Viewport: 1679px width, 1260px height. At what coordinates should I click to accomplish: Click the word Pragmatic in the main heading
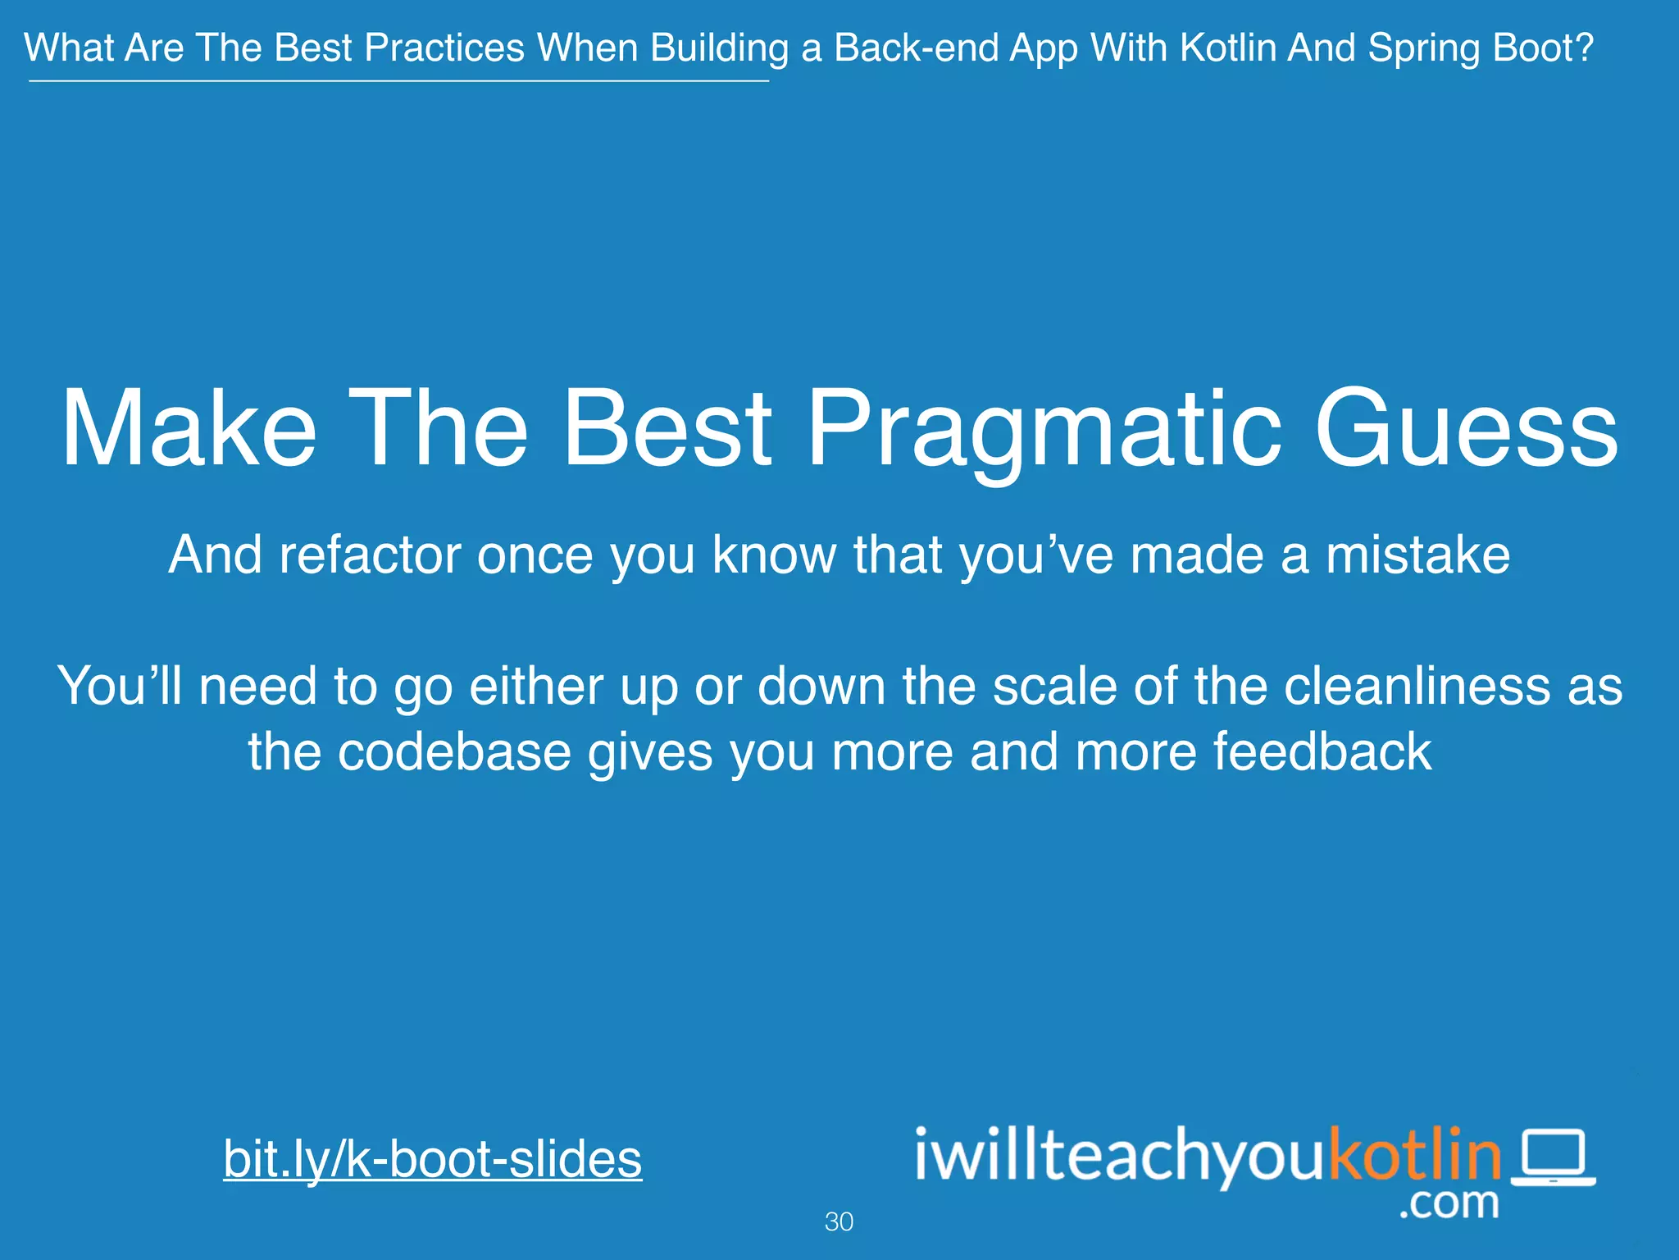click(x=1044, y=431)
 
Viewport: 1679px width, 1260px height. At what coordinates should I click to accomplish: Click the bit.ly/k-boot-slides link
click(x=432, y=1158)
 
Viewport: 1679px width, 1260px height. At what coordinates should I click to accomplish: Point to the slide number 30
click(x=839, y=1221)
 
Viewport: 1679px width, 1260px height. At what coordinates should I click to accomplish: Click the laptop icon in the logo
click(x=1553, y=1157)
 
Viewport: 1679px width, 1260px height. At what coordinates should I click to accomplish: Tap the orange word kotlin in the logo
click(x=1415, y=1155)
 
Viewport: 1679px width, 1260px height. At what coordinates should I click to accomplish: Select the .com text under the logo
click(x=1449, y=1203)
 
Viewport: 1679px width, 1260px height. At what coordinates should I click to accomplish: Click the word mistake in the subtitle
click(x=1417, y=555)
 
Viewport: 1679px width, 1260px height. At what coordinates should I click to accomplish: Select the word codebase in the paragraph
click(x=454, y=751)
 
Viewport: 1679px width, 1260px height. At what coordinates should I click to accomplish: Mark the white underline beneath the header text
click(x=398, y=80)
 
